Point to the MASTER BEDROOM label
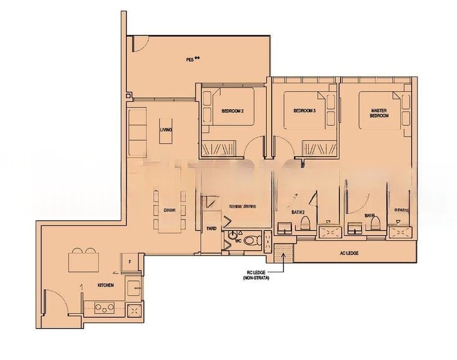click(x=380, y=113)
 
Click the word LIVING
click(x=166, y=130)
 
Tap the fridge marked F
click(x=130, y=262)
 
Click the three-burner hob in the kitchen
click(x=105, y=310)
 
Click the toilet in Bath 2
click(x=305, y=224)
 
